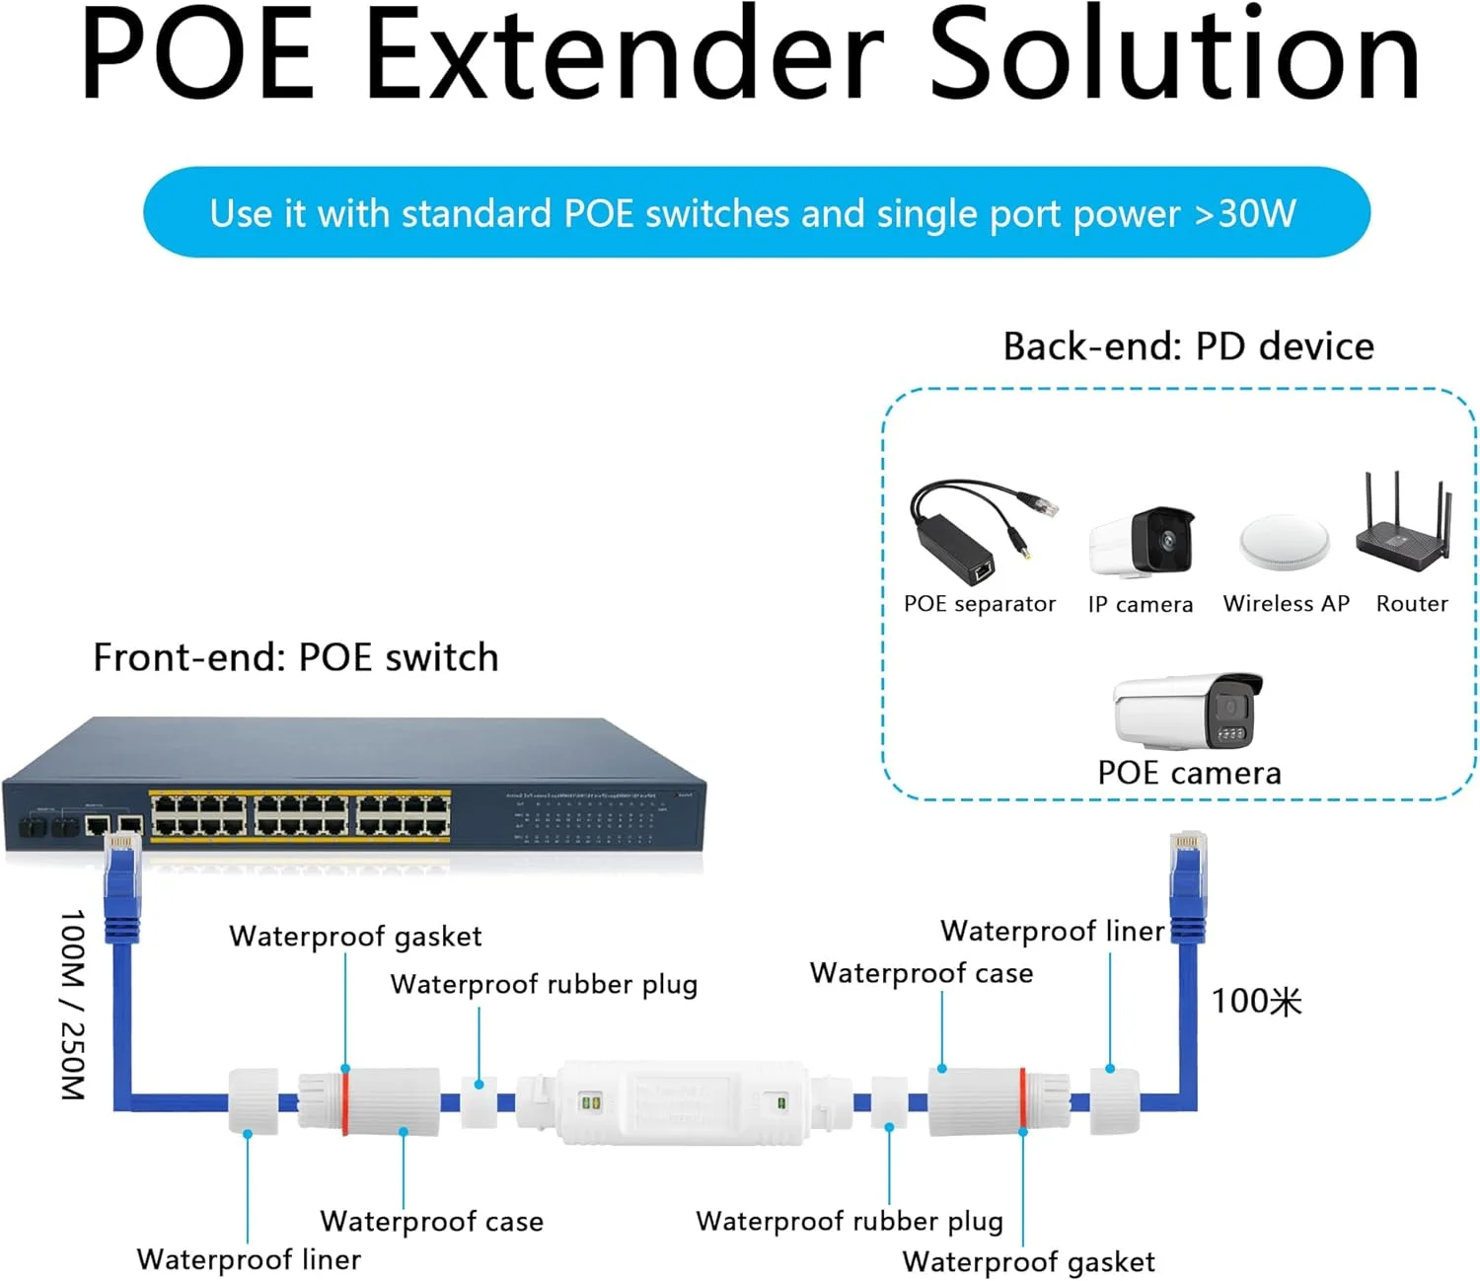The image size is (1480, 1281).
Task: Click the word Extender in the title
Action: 626,54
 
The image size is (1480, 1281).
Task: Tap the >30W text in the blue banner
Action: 1245,213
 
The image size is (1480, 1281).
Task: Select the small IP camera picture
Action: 1143,541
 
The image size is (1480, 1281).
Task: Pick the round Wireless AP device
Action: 1284,542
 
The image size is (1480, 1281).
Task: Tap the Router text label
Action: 1412,604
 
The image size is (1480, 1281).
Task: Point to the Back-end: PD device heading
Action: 1188,346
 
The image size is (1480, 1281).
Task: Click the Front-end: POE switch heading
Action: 295,657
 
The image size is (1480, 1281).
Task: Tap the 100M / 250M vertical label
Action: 73,1005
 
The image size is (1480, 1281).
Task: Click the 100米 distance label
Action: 1256,1001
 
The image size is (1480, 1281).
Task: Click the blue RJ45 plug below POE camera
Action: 1187,873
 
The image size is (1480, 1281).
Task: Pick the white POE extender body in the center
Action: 681,1101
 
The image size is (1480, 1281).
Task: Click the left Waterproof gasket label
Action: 355,936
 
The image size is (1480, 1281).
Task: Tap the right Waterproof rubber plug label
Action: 850,1222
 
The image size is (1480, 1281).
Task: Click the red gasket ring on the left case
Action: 345,1100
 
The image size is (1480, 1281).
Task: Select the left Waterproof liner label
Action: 249,1260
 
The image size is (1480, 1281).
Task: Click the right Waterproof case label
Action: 922,973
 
